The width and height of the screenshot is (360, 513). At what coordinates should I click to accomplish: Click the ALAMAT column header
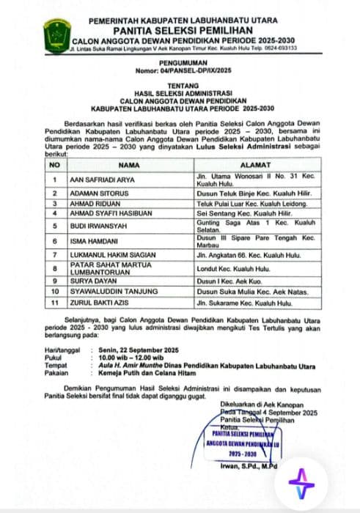point(266,166)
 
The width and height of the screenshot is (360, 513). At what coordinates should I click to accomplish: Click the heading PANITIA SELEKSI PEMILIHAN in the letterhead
point(183,32)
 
